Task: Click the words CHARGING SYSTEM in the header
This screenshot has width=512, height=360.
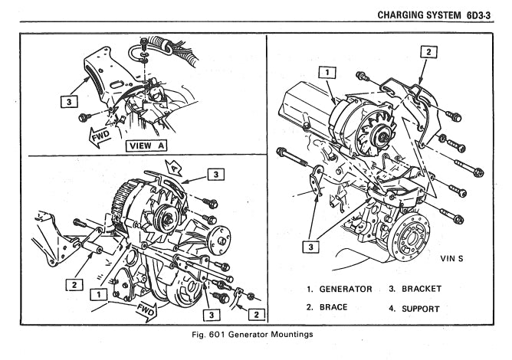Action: pos(414,15)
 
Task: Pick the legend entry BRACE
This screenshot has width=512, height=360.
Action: pos(333,307)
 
